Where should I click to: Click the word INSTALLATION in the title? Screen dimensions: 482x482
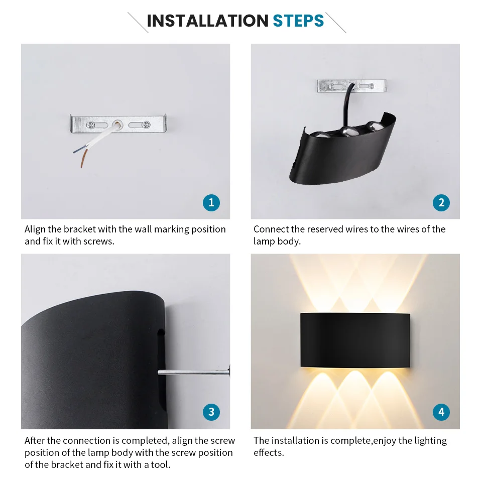coord(207,21)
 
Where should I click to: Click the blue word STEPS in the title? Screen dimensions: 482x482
coord(298,21)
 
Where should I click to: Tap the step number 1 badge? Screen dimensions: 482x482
coord(211,202)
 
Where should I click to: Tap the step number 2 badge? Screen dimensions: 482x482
coord(441,202)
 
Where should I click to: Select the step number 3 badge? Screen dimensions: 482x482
coord(211,412)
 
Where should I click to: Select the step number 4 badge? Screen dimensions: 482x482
coord(441,412)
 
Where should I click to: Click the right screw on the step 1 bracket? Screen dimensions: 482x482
coord(145,124)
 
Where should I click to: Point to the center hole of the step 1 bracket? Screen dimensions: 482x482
coord(117,123)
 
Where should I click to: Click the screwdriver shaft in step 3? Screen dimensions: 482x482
coord(191,373)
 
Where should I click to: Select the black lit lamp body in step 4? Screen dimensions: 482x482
coord(355,340)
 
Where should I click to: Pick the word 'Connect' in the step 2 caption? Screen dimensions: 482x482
coord(271,229)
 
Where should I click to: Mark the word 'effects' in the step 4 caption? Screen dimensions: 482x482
coord(267,452)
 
